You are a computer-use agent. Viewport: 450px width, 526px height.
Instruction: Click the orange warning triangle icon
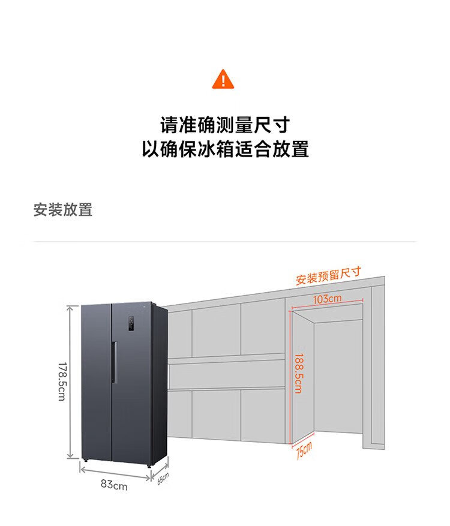pos(223,80)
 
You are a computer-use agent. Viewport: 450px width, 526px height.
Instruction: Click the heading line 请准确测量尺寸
pos(225,125)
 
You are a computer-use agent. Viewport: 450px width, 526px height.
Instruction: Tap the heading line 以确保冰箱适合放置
pos(225,149)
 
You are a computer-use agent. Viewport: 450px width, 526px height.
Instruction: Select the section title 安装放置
pos(63,210)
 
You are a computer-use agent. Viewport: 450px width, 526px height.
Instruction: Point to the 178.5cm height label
pos(62,381)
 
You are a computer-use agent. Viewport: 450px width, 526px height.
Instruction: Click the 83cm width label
pos(114,485)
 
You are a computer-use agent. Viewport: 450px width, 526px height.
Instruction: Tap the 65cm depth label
pos(163,479)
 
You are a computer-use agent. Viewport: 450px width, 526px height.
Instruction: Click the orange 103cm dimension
pos(328,299)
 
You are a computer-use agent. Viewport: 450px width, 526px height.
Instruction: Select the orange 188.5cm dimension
pos(299,373)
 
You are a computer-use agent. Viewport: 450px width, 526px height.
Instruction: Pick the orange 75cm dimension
pos(304,450)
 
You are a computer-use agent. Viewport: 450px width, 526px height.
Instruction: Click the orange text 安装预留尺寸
pos(328,275)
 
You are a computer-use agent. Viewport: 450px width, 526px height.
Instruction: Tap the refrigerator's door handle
pos(114,362)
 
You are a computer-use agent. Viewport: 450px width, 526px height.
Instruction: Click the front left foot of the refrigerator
pos(85,461)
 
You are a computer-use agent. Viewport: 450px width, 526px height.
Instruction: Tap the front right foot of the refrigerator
pos(149,465)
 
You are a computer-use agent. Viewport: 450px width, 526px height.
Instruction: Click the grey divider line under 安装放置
pos(225,242)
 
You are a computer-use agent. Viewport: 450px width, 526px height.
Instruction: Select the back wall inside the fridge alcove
pos(338,377)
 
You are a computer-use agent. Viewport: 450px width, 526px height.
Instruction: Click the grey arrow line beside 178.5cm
pos(70,381)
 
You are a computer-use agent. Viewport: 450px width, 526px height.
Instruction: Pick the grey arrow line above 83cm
pos(115,474)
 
